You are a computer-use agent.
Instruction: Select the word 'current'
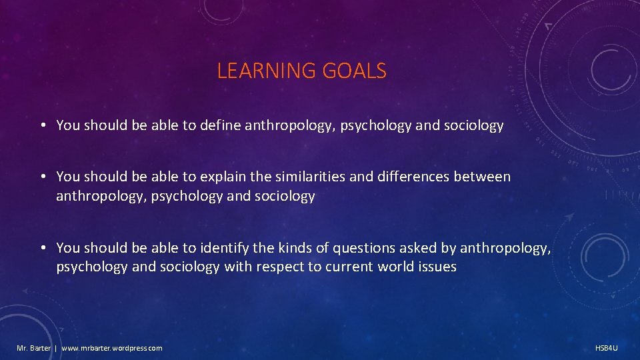point(349,267)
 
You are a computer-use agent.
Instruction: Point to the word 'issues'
point(438,267)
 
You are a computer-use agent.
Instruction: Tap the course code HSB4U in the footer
point(607,348)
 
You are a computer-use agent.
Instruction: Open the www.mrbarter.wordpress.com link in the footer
point(112,348)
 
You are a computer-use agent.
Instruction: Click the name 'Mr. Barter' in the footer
point(33,348)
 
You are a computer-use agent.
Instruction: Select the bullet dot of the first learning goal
point(42,126)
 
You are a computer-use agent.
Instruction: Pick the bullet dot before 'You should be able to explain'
point(42,177)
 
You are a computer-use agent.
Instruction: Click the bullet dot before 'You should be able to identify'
point(42,249)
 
